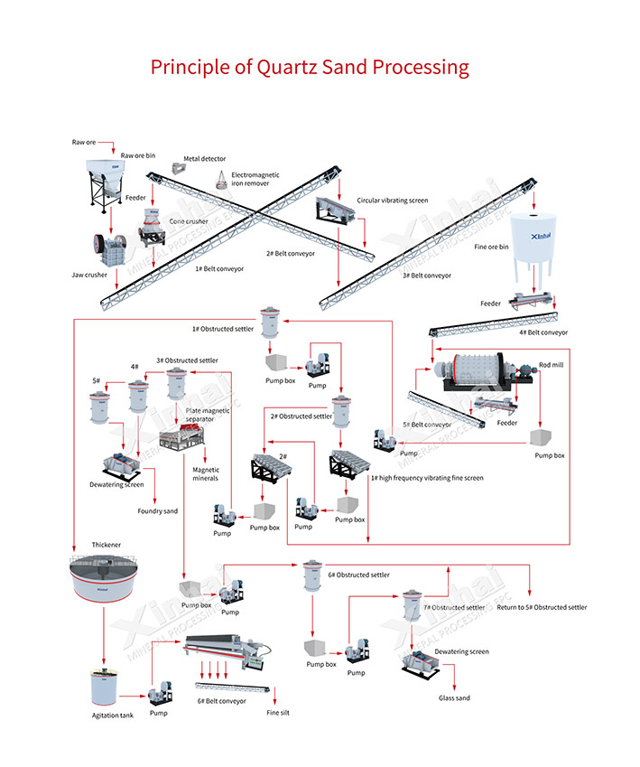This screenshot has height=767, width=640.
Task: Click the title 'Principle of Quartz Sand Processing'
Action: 310,68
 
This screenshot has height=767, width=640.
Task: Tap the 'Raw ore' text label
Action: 84,143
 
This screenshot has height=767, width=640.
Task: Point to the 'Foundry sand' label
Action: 158,511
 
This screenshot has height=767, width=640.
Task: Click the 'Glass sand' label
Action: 454,697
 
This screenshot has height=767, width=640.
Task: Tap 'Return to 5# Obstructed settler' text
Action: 542,607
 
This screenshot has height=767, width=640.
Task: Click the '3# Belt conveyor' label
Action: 426,275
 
